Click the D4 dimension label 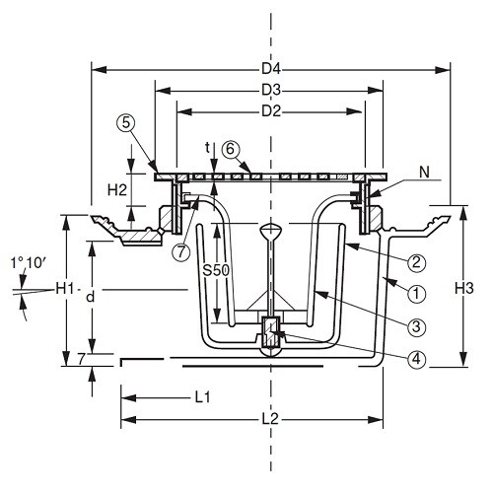271,69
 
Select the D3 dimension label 271,91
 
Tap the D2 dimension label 271,111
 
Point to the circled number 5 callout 125,123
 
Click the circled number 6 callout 231,150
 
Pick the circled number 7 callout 181,251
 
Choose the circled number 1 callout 416,294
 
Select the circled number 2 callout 416,262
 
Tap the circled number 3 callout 416,327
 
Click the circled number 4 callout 416,359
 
